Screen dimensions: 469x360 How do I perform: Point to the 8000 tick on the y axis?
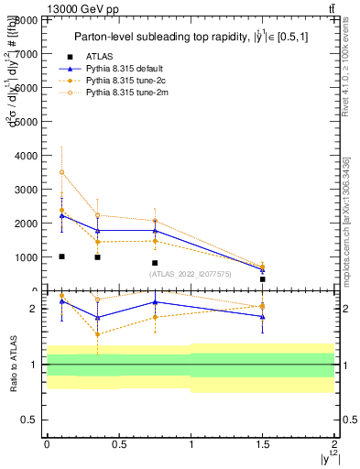(x=26, y=19)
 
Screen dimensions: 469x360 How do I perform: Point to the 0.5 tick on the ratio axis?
(x=31, y=420)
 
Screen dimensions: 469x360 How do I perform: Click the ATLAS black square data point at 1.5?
(x=263, y=279)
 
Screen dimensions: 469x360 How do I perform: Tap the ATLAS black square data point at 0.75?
(x=155, y=263)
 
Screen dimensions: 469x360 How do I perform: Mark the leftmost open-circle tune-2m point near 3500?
(x=61, y=172)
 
